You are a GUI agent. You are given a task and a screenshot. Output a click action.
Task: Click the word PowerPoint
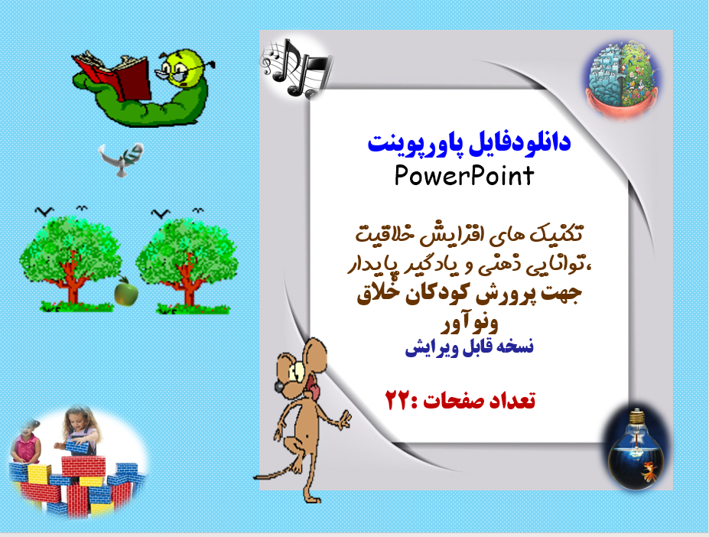[x=464, y=177]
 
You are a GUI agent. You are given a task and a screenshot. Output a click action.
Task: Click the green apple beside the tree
[x=123, y=291]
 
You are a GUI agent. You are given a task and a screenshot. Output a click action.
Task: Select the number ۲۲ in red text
[x=398, y=400]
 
